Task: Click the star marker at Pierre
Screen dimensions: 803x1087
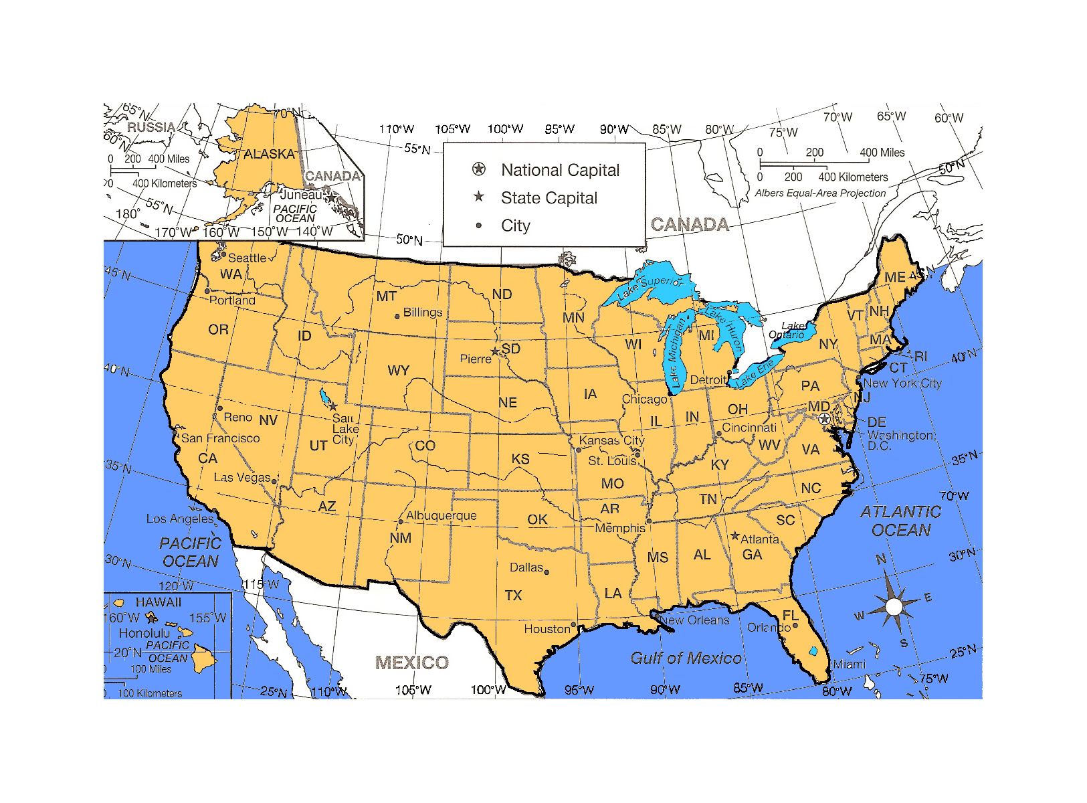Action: tap(495, 351)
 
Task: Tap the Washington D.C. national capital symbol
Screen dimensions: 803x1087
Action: tap(825, 418)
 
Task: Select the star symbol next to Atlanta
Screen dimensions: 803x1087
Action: tap(735, 535)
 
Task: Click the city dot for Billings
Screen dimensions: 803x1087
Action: tap(397, 316)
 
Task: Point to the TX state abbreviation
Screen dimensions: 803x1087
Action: tap(513, 596)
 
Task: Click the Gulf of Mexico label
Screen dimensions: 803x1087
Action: tap(686, 658)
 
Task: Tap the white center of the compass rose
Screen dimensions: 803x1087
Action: tap(894, 607)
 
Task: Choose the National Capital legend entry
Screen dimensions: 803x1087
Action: tap(560, 170)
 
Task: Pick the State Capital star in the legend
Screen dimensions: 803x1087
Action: tap(479, 197)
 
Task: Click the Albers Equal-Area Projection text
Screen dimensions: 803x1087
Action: tap(820, 193)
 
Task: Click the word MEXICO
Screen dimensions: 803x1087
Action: tap(412, 662)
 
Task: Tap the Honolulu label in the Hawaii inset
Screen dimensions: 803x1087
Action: tap(144, 633)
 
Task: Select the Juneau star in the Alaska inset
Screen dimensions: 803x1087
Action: tap(330, 197)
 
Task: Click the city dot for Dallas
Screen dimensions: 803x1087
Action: tap(547, 572)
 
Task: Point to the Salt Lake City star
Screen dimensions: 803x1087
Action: tap(332, 406)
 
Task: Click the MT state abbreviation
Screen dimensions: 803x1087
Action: tap(386, 296)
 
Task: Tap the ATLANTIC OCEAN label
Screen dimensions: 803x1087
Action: tap(900, 521)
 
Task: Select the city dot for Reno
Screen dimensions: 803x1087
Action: tap(219, 408)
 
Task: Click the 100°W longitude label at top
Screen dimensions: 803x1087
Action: tap(505, 128)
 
